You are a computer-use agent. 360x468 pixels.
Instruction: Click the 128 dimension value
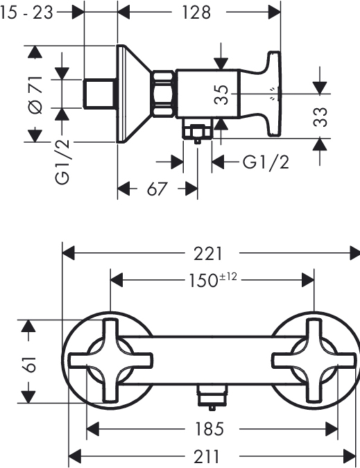coord(196,12)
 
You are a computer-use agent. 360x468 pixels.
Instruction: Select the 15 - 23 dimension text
coord(26,12)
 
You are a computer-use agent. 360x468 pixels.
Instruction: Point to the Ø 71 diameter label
coord(35,95)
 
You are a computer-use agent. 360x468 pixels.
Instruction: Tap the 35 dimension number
coord(221,94)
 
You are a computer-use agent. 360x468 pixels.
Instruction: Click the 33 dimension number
coord(320,117)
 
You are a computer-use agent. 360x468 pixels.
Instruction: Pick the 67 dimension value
coord(157,189)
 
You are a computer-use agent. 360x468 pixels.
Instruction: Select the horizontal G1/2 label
coord(266,163)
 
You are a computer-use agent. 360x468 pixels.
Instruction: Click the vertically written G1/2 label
coord(62,162)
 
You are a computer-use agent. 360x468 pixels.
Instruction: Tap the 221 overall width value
coord(208,254)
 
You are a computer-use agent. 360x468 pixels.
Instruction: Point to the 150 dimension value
coord(203,281)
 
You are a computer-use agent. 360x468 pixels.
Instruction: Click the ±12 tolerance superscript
coord(228,277)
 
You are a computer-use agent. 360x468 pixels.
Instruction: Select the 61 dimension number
coord(29,364)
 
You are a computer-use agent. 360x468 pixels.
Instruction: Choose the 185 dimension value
coord(209,429)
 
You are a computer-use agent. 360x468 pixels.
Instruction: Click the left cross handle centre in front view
coord(110,361)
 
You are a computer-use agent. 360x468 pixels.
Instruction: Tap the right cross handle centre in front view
coord(314,361)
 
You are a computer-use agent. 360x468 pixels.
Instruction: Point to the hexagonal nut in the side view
coord(163,94)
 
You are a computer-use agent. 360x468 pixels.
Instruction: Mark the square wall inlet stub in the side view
coord(100,94)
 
